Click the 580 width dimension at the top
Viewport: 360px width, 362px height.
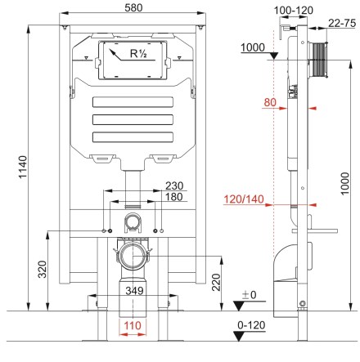pos(133,7)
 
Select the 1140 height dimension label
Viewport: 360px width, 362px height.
pos(23,167)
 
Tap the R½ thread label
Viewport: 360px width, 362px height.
pos(138,53)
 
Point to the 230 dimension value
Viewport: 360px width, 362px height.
pos(174,185)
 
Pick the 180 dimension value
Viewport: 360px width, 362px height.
pos(174,197)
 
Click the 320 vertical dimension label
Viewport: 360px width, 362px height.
pos(43,269)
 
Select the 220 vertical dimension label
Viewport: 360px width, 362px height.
pos(216,282)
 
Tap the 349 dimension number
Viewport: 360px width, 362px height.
pos(134,291)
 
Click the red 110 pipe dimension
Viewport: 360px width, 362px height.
pos(133,325)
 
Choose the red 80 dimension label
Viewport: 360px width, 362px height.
pos(270,102)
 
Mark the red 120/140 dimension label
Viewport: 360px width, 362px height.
pos(244,199)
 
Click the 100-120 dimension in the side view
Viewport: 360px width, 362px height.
pos(294,11)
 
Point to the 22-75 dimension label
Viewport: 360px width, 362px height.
pos(342,23)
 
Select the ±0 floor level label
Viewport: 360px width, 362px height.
pos(250,295)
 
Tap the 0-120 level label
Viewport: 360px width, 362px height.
pos(251,325)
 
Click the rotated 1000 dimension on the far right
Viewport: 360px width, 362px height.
pos(344,183)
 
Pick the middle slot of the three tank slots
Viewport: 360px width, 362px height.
pos(133,119)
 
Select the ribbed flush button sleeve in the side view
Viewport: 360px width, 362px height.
pos(319,59)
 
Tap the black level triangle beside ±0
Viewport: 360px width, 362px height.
pos(239,306)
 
